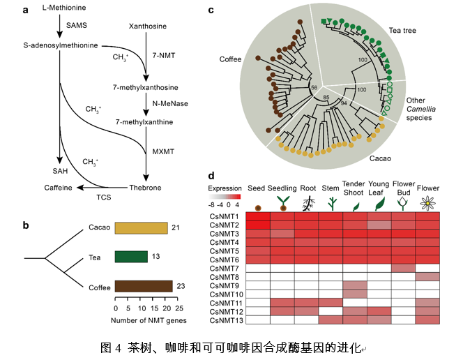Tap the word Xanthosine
tap(147, 27)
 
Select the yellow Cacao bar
tap(141, 228)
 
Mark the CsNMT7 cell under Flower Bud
tap(403, 268)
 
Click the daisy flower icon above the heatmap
tap(427, 203)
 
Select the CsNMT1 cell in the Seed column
tap(259, 217)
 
